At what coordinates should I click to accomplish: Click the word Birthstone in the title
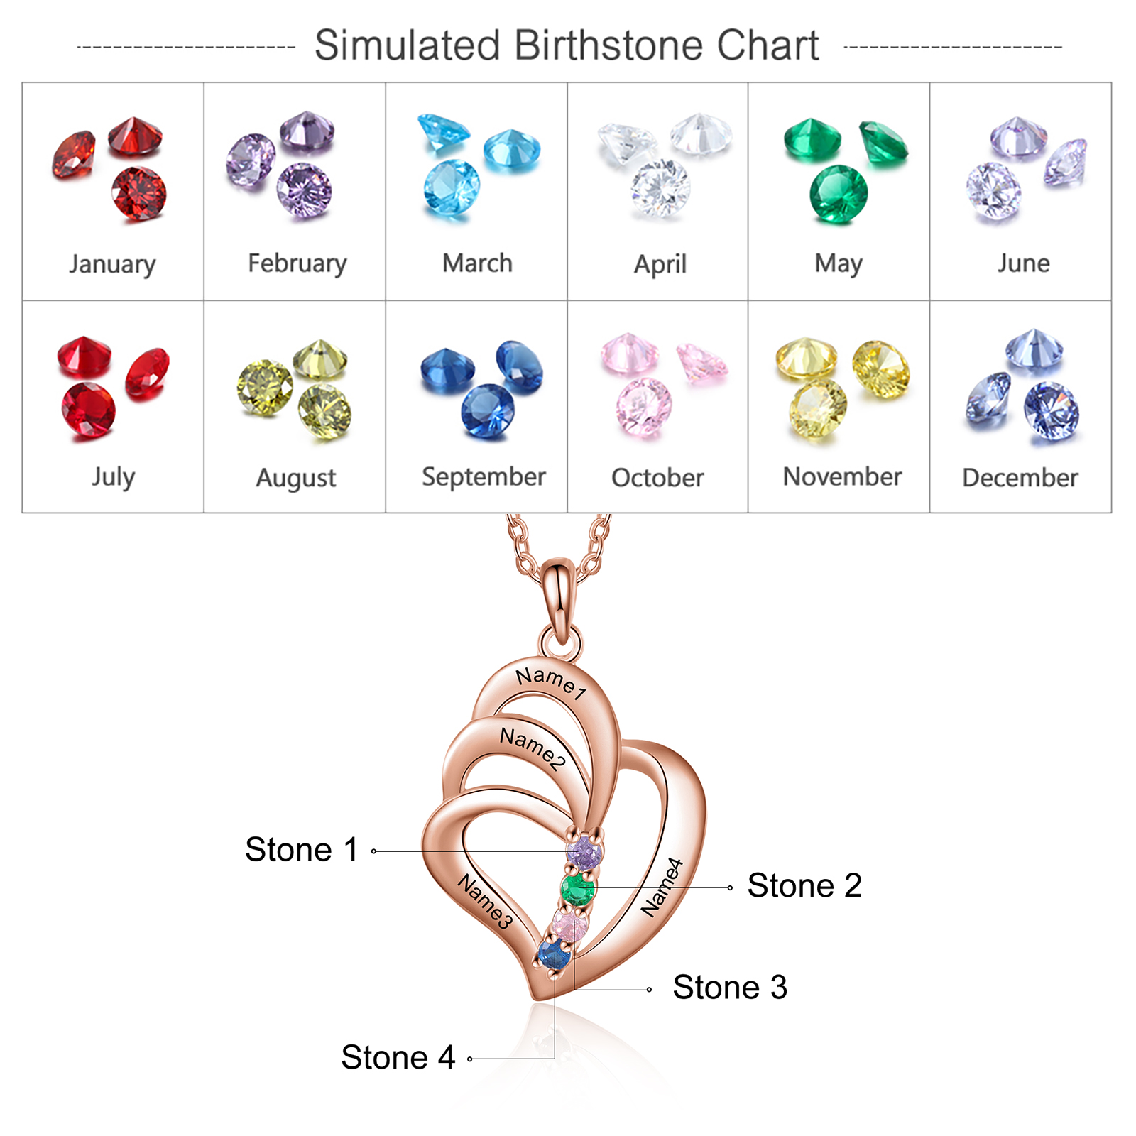point(608,45)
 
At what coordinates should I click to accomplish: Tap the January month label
point(112,264)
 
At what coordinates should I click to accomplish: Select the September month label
point(484,477)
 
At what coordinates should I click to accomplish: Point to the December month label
point(1020,478)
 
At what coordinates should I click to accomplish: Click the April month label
point(660,264)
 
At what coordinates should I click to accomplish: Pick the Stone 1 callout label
point(301,849)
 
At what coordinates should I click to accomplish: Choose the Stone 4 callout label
point(398,1057)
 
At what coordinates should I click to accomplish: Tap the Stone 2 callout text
point(804,885)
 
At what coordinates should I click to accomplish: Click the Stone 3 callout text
point(730,987)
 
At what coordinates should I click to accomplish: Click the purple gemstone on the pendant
point(584,852)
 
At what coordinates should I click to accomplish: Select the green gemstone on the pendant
point(578,888)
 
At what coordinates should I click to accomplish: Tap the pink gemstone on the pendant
point(570,926)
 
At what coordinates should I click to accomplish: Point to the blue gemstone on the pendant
point(555,954)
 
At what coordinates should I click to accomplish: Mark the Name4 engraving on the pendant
point(662,887)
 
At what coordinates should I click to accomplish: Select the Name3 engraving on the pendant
point(485,901)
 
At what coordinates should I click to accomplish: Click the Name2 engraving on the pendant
point(532,748)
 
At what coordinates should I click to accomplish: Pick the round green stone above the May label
point(839,195)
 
